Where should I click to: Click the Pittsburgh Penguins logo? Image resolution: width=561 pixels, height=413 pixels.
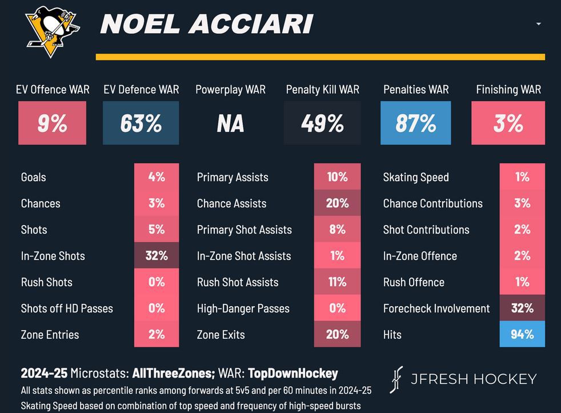[51, 31]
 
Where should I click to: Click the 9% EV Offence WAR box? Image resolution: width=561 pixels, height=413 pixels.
[52, 123]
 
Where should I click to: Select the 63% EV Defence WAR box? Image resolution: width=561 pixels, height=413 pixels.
[141, 123]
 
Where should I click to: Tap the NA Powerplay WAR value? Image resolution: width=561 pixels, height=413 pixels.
[230, 123]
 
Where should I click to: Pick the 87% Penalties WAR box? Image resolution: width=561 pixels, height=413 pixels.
[415, 123]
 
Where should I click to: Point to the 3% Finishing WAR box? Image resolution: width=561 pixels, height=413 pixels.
[508, 123]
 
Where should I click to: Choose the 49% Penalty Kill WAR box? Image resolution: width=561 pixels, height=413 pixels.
[323, 123]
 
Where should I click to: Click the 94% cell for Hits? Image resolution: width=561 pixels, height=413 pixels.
[522, 334]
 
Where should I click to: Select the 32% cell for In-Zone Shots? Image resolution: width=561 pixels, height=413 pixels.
[157, 255]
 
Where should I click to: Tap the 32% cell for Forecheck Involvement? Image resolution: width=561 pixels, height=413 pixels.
[522, 308]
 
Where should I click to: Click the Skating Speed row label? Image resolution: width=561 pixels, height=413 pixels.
[416, 177]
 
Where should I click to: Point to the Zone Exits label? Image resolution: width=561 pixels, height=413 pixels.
[221, 335]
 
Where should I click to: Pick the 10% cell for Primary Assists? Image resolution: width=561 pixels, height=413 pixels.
[337, 177]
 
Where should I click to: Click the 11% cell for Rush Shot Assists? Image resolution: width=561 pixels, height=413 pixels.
[337, 282]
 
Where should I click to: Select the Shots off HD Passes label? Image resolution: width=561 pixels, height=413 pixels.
[67, 308]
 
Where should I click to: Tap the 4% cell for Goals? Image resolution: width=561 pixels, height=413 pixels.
[157, 177]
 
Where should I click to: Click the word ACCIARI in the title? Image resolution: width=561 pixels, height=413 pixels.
[251, 24]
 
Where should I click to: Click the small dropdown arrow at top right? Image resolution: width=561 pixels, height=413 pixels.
[539, 24]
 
